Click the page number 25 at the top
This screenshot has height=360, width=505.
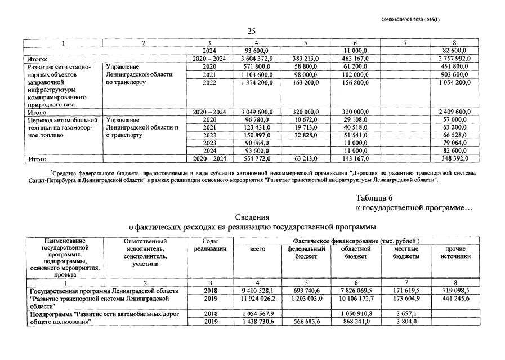click(252, 31)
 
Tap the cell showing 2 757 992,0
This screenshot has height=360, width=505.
click(454, 58)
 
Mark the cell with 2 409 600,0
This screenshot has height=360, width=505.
click(454, 112)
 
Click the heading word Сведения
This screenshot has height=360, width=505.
click(252, 217)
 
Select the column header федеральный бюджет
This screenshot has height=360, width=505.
click(306, 252)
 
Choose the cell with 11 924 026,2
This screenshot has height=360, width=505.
click(257, 298)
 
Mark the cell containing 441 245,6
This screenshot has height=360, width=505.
click(455, 298)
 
